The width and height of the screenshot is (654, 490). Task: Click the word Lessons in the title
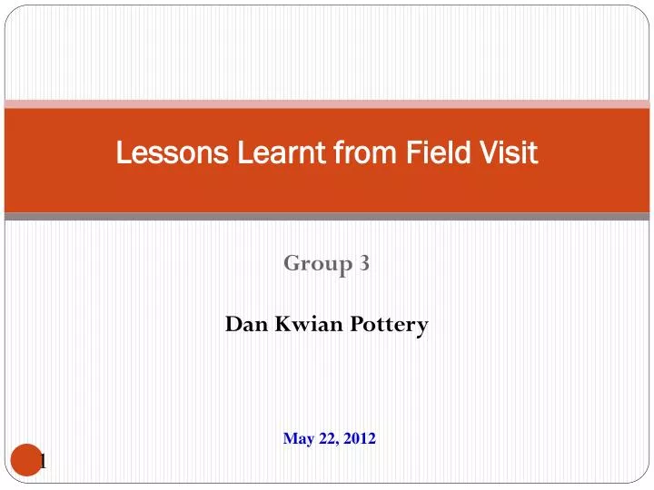click(x=163, y=154)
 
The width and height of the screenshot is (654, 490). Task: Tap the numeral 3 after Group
click(x=363, y=263)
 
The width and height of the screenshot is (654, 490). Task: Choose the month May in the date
click(x=297, y=439)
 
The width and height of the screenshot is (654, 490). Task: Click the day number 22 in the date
click(x=326, y=439)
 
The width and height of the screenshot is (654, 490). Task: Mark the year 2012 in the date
click(x=360, y=439)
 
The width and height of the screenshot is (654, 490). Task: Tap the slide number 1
click(x=43, y=463)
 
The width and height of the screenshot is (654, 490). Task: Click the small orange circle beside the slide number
click(x=27, y=460)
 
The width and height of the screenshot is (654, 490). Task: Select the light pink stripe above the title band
click(x=327, y=103)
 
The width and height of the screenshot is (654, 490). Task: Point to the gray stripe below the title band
click(x=327, y=217)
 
